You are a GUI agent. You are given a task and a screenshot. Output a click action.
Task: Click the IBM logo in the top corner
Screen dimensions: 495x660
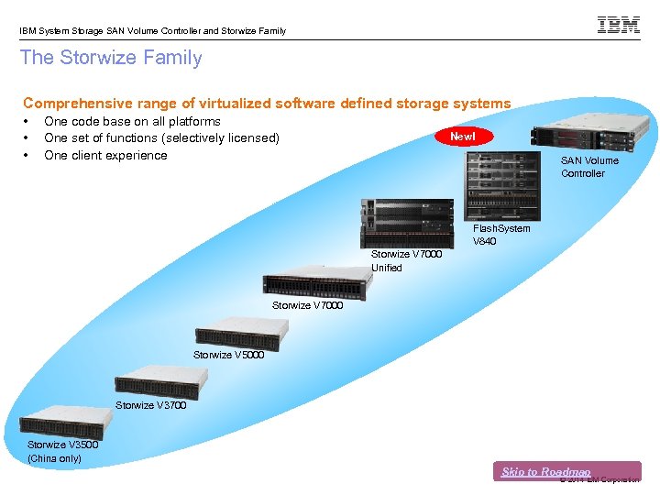[x=619, y=25]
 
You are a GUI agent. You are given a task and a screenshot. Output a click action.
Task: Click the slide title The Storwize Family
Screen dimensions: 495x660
[x=111, y=58]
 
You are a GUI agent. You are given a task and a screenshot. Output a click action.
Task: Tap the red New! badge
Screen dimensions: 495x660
[x=463, y=137]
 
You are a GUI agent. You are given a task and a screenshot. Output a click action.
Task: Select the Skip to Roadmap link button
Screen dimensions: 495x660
[x=546, y=471]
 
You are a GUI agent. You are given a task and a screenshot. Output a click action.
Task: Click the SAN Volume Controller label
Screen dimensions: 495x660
[x=589, y=167]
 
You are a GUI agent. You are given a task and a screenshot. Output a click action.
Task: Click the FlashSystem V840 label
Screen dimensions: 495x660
[x=500, y=235]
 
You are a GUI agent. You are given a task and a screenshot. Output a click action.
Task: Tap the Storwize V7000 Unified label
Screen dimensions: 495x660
[x=406, y=260]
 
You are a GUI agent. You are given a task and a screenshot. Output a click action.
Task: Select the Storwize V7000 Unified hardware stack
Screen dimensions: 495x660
[x=406, y=221]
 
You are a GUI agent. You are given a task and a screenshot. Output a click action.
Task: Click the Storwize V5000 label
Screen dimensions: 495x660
[x=228, y=355]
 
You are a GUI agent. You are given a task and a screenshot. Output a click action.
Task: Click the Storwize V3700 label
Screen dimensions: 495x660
[x=150, y=405]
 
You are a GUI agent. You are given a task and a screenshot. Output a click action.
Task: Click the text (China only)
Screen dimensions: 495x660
[x=55, y=458]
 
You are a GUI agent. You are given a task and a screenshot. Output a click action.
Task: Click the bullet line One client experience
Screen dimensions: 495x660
[x=105, y=155]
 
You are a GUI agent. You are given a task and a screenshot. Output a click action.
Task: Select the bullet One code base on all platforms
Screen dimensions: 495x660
[x=132, y=121]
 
